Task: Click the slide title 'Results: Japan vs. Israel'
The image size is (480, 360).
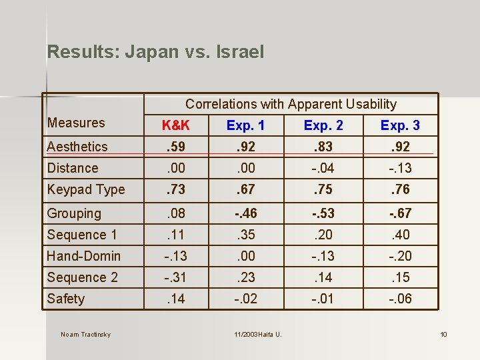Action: [x=155, y=52]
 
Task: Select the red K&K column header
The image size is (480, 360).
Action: [x=176, y=125]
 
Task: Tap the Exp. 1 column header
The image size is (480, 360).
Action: [x=245, y=125]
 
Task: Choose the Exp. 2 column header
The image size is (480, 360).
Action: [x=323, y=125]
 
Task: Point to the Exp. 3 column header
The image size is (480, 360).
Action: [x=400, y=125]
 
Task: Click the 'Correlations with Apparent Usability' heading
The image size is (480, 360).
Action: [x=291, y=104]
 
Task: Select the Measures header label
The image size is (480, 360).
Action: [x=76, y=123]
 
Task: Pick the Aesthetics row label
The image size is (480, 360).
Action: [x=77, y=147]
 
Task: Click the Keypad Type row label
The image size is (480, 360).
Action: [x=86, y=189]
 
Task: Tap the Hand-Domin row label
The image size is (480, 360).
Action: [x=84, y=256]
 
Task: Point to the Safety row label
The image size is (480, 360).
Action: [x=66, y=299]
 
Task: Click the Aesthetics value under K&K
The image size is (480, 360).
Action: [x=176, y=147]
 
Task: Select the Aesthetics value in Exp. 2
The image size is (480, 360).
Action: [x=323, y=147]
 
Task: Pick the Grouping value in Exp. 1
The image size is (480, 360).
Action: [x=245, y=213]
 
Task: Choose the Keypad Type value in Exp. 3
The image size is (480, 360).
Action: [x=400, y=189]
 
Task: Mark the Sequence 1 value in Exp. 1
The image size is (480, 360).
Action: [x=245, y=235]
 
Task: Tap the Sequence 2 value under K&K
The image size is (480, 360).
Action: [x=176, y=277]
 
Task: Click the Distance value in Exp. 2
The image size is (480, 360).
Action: [x=323, y=168]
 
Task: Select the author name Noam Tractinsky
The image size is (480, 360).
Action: [x=85, y=334]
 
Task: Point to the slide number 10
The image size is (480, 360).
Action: [x=443, y=334]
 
